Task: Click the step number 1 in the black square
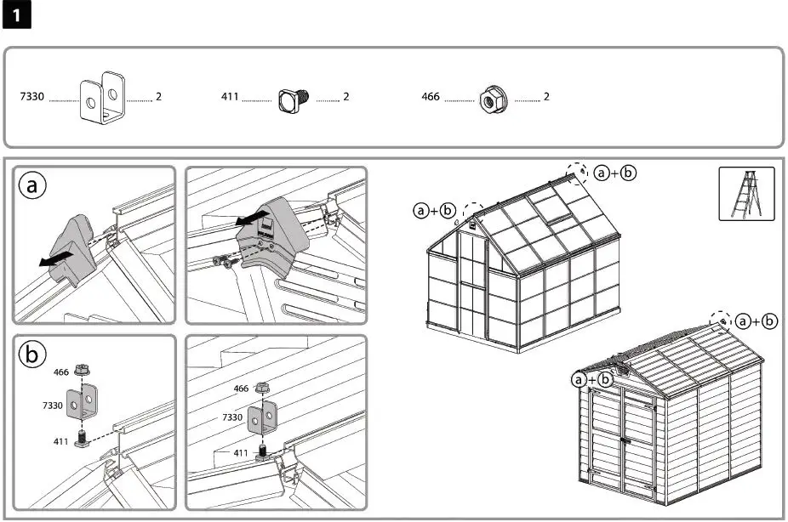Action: pyautogui.click(x=17, y=17)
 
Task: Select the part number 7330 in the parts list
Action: pyautogui.click(x=31, y=97)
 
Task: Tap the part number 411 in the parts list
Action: pyautogui.click(x=229, y=97)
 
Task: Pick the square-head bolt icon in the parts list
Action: pyautogui.click(x=293, y=99)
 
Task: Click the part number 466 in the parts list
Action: pyautogui.click(x=431, y=97)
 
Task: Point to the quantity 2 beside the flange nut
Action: pyautogui.click(x=546, y=97)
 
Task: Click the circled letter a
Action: pyautogui.click(x=32, y=187)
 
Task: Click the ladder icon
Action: pyautogui.click(x=745, y=193)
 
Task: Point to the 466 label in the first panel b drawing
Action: pyautogui.click(x=61, y=372)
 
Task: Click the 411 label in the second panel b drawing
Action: pyautogui.click(x=242, y=453)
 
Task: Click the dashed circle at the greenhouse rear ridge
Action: pyautogui.click(x=579, y=172)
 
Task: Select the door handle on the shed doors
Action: pyautogui.click(x=624, y=440)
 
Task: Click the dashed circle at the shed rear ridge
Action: pyautogui.click(x=721, y=321)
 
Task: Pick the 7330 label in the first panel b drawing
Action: pyautogui.click(x=54, y=406)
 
